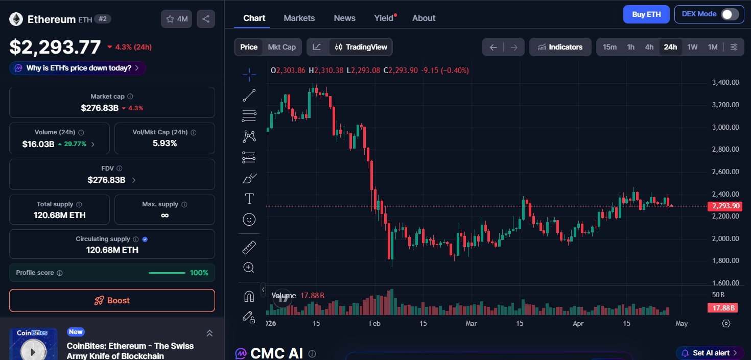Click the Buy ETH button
pyautogui.click(x=646, y=14)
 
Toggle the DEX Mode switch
pyautogui.click(x=730, y=14)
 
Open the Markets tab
pyautogui.click(x=299, y=18)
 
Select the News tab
pyautogui.click(x=344, y=18)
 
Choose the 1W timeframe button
pyautogui.click(x=692, y=47)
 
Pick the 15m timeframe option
pyautogui.click(x=609, y=47)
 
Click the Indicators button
pyautogui.click(x=560, y=47)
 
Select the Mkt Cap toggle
pyautogui.click(x=281, y=47)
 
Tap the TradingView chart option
pyautogui.click(x=361, y=47)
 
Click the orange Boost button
pyautogui.click(x=112, y=300)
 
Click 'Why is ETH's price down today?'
pyautogui.click(x=78, y=68)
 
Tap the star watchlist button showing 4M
pyautogui.click(x=177, y=19)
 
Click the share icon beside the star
pyautogui.click(x=205, y=19)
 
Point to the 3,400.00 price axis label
pyautogui.click(x=725, y=82)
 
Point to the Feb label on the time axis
pyautogui.click(x=374, y=323)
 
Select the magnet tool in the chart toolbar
pyautogui.click(x=249, y=296)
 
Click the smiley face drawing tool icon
pyautogui.click(x=249, y=220)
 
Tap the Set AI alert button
pyautogui.click(x=710, y=353)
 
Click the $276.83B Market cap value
pyautogui.click(x=100, y=108)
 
